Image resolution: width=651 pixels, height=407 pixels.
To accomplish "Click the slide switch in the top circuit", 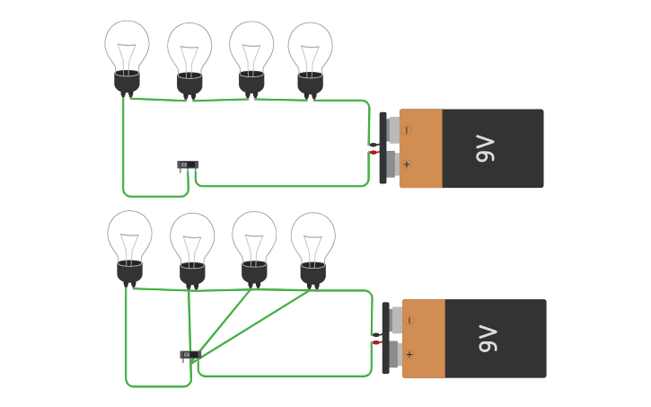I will pos(188,165).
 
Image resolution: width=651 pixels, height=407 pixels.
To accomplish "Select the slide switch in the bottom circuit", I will pos(189,355).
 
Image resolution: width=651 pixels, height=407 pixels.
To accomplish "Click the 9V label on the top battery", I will pos(485,148).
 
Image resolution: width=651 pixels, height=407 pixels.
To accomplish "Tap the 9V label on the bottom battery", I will pos(488,339).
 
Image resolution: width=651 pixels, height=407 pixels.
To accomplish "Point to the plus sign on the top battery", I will pos(407,164).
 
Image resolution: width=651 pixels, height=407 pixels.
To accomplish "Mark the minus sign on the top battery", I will pos(407,130).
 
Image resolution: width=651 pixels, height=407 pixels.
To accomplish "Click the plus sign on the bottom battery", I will pos(409,354).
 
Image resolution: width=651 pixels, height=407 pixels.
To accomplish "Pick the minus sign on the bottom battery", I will pos(409,321).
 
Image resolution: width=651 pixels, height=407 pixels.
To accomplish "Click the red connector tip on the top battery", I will pos(374,153).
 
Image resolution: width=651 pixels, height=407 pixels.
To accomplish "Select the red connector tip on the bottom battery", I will pos(376,342).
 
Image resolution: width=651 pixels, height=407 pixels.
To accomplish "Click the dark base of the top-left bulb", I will pos(127,82).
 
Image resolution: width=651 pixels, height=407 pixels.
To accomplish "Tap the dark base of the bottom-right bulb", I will pos(312,273).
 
